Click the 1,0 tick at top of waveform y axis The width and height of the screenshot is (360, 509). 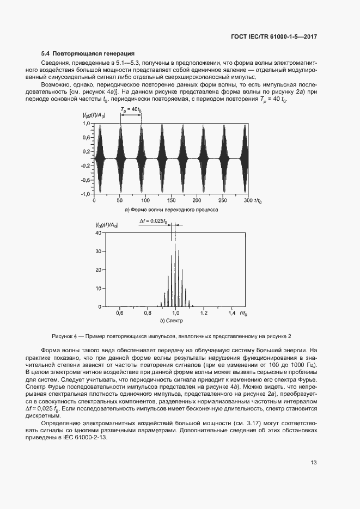point(86,124)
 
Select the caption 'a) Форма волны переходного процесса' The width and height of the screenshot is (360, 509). point(171,209)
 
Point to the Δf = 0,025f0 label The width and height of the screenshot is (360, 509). point(153,221)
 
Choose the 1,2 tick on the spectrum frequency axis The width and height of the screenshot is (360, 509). point(204,314)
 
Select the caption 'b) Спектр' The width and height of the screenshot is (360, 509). point(171,322)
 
